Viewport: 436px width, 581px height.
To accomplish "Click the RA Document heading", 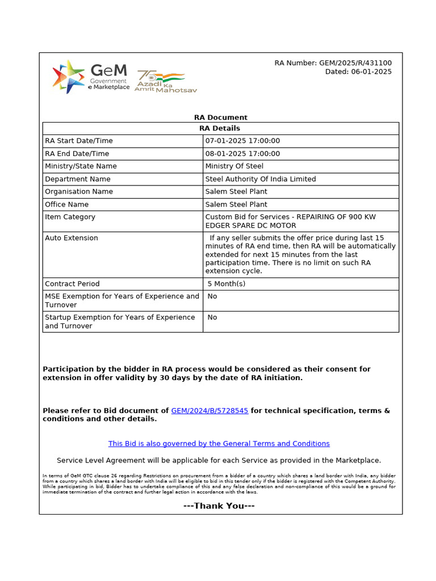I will pos(221,117).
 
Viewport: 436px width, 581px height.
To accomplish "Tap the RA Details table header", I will pos(221,128).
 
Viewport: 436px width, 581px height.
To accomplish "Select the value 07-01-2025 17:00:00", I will pos(242,141).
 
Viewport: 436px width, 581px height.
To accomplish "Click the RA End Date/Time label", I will pos(77,154).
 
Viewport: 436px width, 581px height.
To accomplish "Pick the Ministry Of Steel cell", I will pos(234,166).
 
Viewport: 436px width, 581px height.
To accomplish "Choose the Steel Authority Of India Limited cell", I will pos(261,179).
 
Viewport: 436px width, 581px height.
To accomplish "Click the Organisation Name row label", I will pos(79,192).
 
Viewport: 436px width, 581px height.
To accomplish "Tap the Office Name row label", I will pos(67,204).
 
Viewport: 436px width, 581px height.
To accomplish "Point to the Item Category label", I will pos(70,217).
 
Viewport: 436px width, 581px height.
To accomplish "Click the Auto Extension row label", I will pos(72,238).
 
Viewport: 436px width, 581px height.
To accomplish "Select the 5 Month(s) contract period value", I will pos(227,284).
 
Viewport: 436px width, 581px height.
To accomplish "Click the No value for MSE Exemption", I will pos(212,296).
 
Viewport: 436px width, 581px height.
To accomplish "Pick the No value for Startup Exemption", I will pos(212,317).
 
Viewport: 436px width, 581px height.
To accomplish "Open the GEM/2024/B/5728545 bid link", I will pos(209,410).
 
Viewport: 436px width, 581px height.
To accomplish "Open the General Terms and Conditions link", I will pos(219,444).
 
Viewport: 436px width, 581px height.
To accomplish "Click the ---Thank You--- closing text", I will pos(219,506).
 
